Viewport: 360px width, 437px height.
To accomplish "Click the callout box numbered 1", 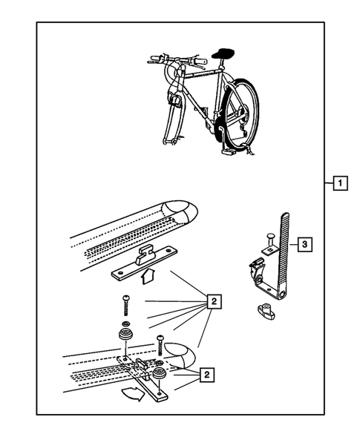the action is [340, 183].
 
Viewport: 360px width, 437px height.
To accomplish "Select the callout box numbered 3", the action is [304, 244].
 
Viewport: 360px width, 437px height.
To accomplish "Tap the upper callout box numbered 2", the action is [214, 301].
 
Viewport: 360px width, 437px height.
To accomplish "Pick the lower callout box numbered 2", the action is [206, 375].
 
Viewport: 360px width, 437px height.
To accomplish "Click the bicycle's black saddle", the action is [223, 53].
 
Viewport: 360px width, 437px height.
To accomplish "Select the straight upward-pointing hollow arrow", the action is [148, 276].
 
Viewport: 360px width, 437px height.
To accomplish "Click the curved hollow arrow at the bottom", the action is [134, 394].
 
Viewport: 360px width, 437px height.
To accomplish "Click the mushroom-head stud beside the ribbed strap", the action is [270, 240].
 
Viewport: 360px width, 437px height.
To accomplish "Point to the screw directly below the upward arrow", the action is [125, 306].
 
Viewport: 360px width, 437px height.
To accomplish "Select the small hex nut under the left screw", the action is [125, 323].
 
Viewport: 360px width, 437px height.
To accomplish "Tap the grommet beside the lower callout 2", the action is [160, 373].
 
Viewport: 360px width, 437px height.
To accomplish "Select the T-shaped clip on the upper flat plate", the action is [145, 254].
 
